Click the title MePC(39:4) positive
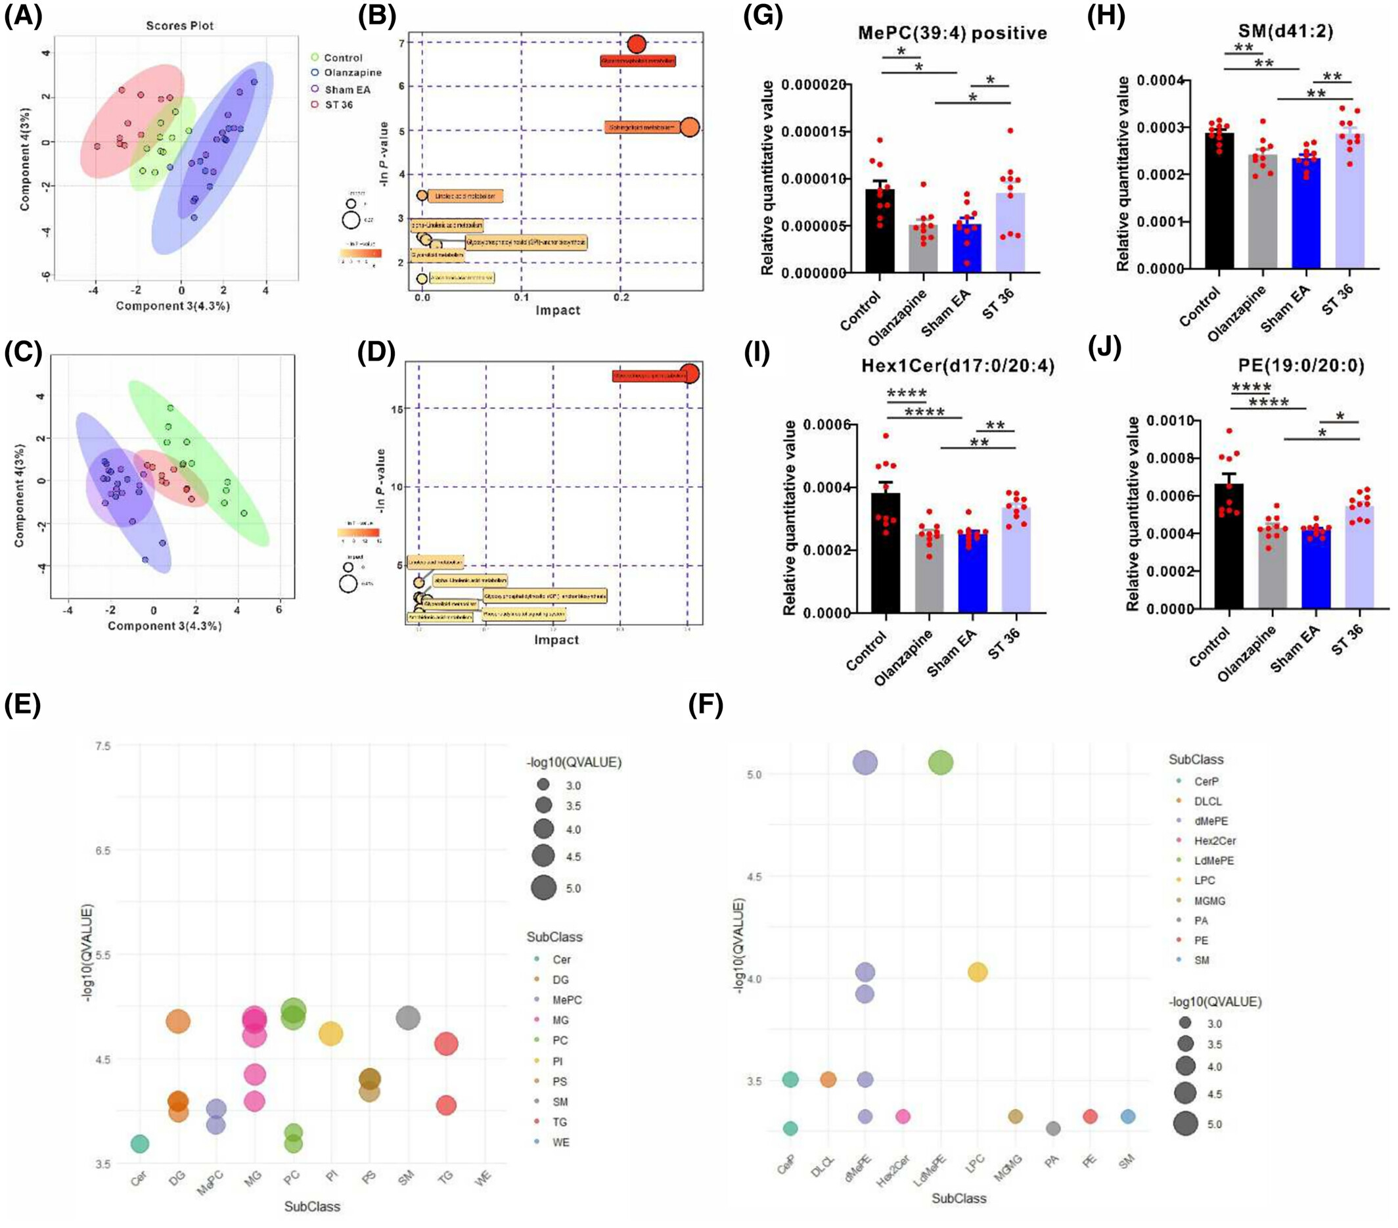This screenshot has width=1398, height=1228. point(952,33)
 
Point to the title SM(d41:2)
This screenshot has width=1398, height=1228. point(1296,31)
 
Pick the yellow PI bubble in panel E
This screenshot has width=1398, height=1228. point(330,1034)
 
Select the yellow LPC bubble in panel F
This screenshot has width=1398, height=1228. point(978,972)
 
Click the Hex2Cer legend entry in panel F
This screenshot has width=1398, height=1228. point(1214,841)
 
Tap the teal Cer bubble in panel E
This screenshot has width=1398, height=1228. point(139,1143)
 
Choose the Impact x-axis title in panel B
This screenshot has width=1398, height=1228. point(557,311)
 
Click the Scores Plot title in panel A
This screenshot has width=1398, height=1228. point(180,26)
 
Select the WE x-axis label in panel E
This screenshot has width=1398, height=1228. point(484,1179)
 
